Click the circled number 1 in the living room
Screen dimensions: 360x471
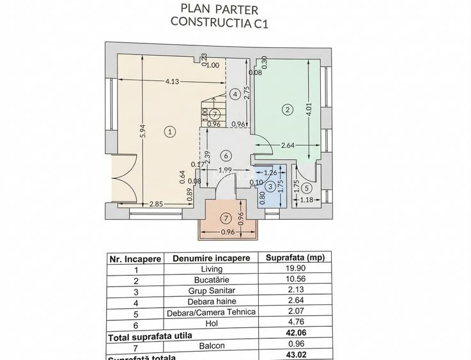point(169,132)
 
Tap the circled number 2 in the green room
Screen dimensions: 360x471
point(288,110)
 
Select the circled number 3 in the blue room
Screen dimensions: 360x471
point(270,186)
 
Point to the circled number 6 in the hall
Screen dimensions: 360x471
point(225,155)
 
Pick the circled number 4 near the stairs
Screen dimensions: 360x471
point(235,95)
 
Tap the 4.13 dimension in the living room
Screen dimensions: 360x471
point(172,81)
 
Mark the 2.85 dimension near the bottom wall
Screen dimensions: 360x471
point(156,204)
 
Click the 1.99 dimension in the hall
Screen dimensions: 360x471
point(224,170)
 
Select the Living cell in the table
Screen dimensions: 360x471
point(211,269)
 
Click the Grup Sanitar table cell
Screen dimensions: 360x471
point(211,290)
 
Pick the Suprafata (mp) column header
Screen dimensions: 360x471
point(295,258)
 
